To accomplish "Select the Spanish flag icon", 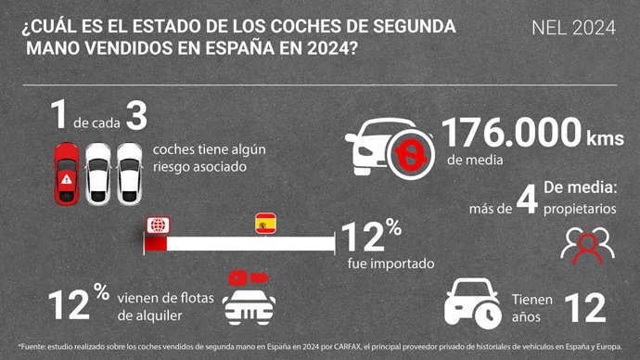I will click(265, 224).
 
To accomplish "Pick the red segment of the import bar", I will click(155, 244).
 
